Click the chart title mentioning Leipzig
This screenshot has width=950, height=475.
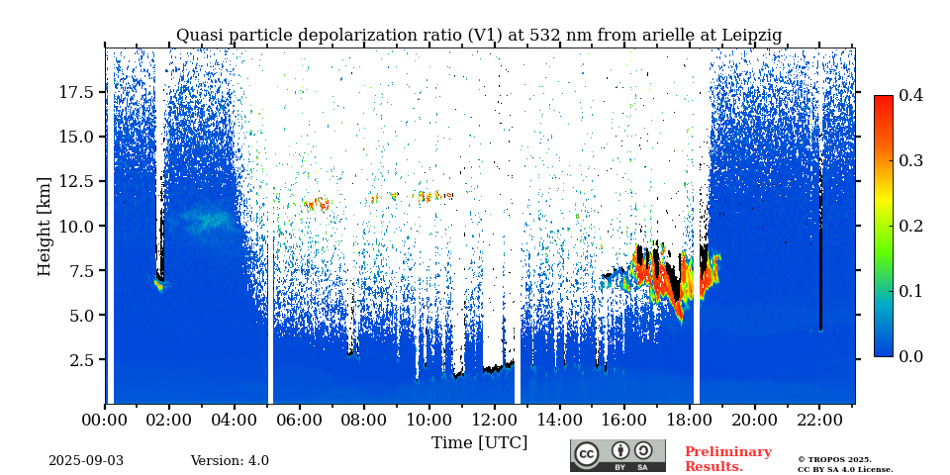(479, 36)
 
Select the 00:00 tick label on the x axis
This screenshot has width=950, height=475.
(105, 420)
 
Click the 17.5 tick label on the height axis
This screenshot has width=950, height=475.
(76, 92)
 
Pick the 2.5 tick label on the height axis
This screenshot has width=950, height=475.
(82, 360)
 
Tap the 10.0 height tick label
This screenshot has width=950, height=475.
(76, 226)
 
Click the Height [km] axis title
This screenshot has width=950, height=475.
(45, 226)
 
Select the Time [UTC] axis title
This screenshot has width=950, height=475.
(479, 442)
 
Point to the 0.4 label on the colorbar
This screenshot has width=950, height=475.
(910, 96)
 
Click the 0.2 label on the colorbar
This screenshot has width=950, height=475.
(910, 226)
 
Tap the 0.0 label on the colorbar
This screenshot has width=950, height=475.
(910, 356)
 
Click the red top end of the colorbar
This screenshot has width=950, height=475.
(883, 100)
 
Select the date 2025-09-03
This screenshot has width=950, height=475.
(86, 461)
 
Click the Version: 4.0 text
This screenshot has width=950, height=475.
(230, 461)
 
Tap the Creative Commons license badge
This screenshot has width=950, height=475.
(617, 455)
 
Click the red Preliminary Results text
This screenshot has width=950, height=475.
(727, 459)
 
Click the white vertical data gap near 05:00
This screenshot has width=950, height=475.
(270, 317)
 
